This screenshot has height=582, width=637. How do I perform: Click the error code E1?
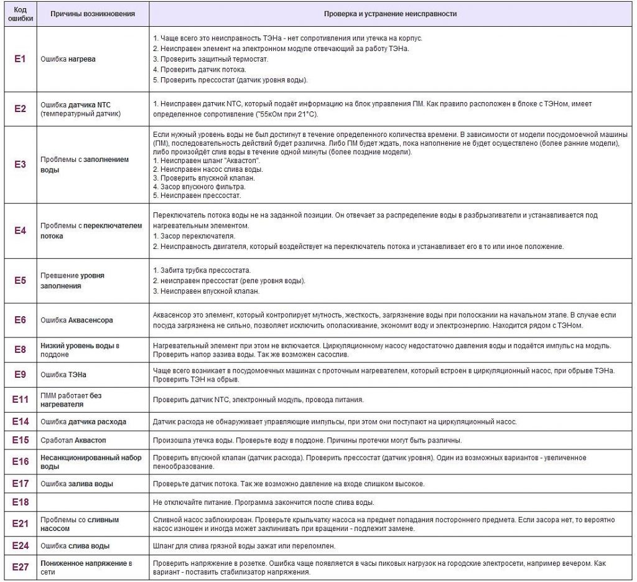20,59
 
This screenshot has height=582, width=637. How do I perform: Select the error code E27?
20,568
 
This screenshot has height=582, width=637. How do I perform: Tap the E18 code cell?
20,502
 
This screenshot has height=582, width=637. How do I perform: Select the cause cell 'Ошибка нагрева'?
68,59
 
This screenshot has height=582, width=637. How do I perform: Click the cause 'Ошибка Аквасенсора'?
77,321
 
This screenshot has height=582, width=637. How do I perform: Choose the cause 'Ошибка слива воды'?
75,546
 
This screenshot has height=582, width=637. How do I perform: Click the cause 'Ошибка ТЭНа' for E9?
63,375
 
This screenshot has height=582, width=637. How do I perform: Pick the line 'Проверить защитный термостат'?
210,59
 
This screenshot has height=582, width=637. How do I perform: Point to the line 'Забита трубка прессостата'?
202,270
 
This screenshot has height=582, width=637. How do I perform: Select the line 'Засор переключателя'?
193,237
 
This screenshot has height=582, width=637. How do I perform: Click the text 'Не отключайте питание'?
190,502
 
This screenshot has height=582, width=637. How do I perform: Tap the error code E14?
20,421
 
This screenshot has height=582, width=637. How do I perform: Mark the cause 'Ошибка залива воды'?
77,484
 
